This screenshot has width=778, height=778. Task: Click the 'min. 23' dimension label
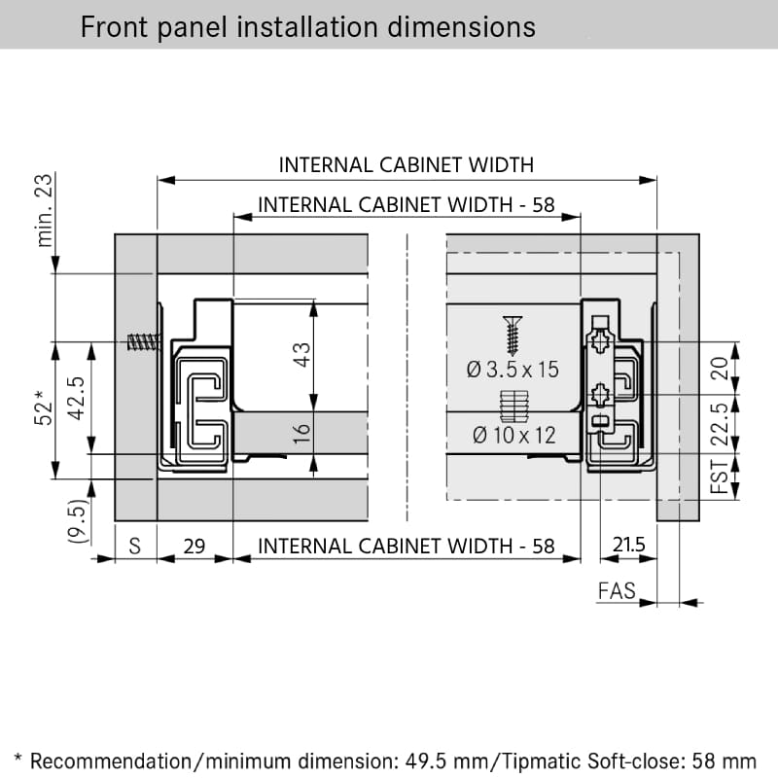(x=44, y=210)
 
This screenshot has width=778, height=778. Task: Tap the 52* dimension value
(x=43, y=407)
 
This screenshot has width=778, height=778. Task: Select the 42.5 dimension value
(x=77, y=399)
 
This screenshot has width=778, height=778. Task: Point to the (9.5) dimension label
(x=78, y=520)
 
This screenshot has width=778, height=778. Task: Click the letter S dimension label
(x=134, y=547)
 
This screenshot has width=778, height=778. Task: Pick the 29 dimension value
(x=194, y=547)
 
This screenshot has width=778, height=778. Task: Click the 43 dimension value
(x=301, y=355)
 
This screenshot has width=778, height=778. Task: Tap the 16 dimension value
(x=301, y=433)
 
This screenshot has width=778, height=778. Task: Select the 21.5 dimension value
(x=628, y=545)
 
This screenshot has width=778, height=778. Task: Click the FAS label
(x=617, y=591)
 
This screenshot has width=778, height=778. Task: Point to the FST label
(x=720, y=477)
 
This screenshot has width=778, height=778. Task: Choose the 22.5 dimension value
(x=720, y=424)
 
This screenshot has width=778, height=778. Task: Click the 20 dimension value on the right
(x=720, y=369)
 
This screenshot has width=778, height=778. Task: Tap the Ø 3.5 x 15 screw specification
(x=513, y=370)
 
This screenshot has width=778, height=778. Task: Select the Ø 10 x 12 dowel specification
(x=514, y=436)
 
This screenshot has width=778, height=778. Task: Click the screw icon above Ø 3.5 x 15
(x=513, y=336)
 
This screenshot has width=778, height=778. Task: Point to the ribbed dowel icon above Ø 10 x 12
(x=514, y=407)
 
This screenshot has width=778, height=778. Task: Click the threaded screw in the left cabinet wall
(x=144, y=342)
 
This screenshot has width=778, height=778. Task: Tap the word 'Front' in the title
(x=114, y=27)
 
